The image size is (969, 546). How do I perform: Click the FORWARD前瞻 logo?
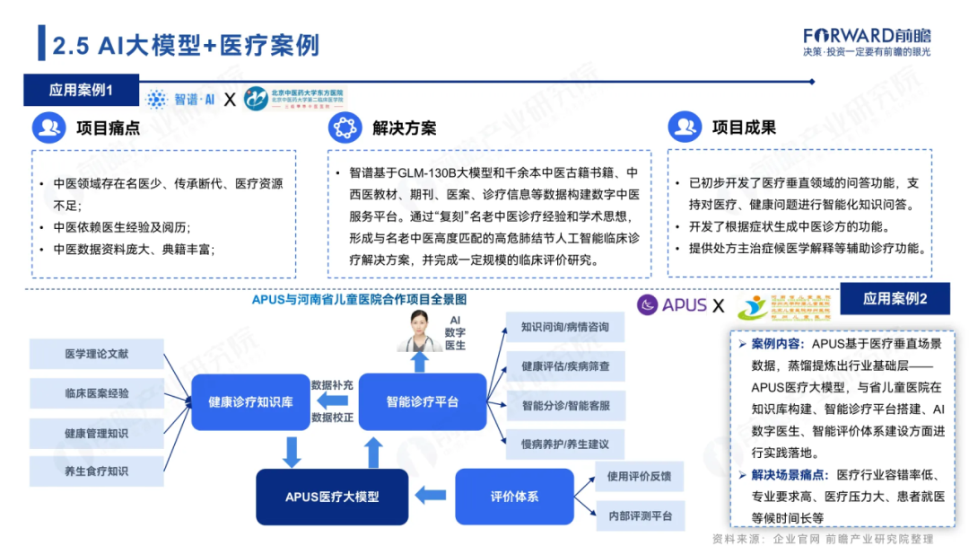(867, 36)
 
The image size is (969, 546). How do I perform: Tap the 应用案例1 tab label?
(81, 91)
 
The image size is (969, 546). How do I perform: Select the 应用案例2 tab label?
(895, 298)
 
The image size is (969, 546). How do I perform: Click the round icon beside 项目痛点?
(49, 128)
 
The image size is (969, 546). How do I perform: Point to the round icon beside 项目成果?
(685, 128)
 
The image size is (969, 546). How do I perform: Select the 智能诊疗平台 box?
(423, 401)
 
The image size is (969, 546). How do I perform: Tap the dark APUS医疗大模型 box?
(332, 497)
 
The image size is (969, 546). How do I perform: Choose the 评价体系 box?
(514, 497)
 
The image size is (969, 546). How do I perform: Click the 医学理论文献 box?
(96, 354)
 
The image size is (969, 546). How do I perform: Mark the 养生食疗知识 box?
(96, 471)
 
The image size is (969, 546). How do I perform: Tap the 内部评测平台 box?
(640, 515)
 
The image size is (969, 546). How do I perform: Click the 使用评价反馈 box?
(640, 477)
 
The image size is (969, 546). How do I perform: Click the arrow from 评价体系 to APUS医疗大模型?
(434, 495)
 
